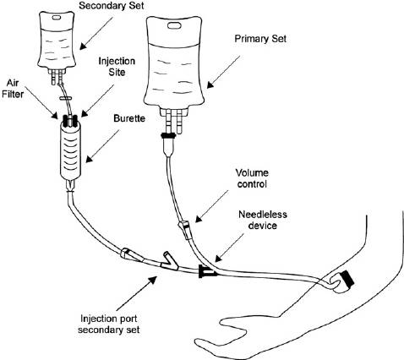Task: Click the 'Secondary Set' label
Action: (x=112, y=6)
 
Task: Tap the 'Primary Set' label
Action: (x=260, y=39)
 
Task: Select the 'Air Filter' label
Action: (x=13, y=89)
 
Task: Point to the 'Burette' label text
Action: (x=129, y=118)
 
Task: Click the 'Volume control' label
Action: (x=252, y=178)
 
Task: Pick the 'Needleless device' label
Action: (x=263, y=220)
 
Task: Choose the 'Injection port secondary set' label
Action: (x=109, y=324)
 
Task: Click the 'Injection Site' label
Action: (x=117, y=67)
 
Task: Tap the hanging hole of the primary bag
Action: (x=175, y=25)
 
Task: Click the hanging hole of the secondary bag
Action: (x=57, y=18)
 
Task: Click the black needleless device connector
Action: (x=207, y=271)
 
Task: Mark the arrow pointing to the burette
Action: (x=102, y=146)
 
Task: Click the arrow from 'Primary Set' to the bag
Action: (x=223, y=72)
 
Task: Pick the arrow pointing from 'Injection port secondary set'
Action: (x=136, y=293)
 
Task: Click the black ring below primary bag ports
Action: (x=168, y=136)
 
